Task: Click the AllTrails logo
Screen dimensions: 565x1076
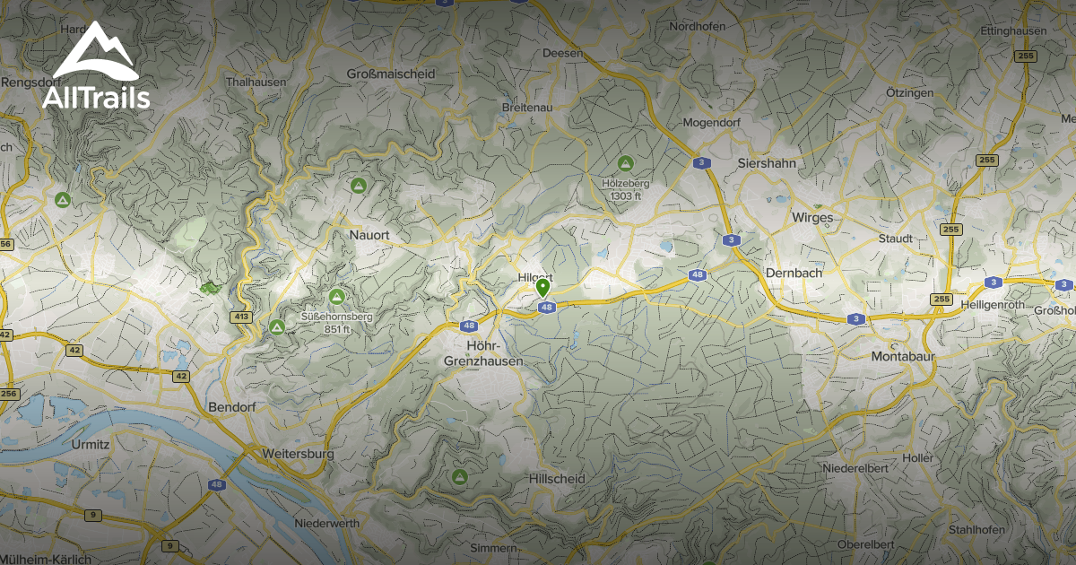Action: tap(96, 67)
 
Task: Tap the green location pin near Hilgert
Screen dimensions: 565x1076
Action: tap(542, 288)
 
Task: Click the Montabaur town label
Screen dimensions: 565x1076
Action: tap(903, 356)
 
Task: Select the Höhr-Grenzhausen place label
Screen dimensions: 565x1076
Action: tap(483, 353)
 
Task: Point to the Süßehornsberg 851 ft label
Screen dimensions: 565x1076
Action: tap(336, 322)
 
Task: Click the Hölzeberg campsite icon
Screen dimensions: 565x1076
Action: tap(626, 163)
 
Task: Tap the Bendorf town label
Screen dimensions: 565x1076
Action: tap(232, 407)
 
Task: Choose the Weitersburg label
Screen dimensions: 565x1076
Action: tap(298, 454)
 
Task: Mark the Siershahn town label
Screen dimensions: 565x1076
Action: tap(766, 163)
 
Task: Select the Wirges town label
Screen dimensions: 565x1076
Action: tap(812, 217)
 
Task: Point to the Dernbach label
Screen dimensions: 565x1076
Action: tap(794, 273)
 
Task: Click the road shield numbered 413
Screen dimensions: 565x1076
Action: tap(240, 317)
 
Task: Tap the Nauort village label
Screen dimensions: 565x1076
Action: tap(369, 234)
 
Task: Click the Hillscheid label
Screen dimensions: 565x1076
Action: tap(557, 479)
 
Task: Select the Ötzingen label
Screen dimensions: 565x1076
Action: tap(903, 93)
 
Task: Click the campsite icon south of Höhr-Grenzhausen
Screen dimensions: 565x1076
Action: tap(460, 475)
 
